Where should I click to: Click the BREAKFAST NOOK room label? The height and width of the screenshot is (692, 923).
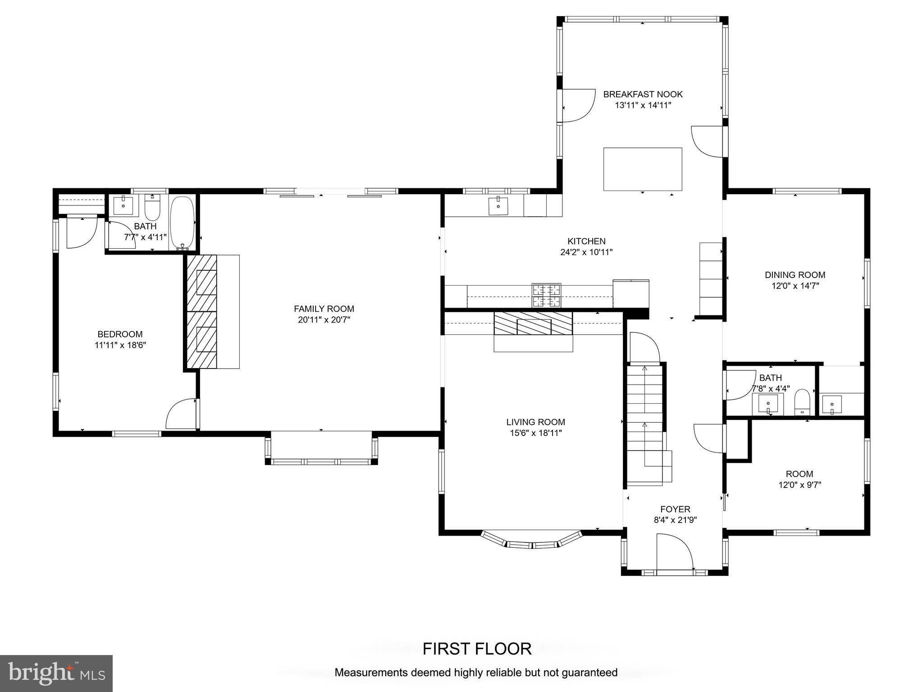(x=643, y=94)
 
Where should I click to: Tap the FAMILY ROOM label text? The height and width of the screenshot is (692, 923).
(x=324, y=309)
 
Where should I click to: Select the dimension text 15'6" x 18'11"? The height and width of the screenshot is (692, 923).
(x=536, y=433)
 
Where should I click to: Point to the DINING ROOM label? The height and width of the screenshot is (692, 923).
(x=795, y=275)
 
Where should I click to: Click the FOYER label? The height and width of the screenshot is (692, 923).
(x=675, y=509)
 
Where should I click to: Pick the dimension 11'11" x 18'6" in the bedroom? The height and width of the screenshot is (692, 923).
(x=120, y=345)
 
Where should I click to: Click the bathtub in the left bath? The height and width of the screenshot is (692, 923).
(x=183, y=223)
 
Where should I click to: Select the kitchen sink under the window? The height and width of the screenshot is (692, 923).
(x=498, y=206)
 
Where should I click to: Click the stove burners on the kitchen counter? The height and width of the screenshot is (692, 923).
(x=547, y=295)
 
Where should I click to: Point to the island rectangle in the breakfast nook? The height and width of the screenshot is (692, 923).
(x=643, y=169)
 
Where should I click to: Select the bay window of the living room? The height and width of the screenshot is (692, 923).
(x=532, y=540)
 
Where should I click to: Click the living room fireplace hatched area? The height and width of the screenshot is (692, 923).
(x=533, y=323)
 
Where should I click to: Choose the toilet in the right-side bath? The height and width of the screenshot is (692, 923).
(x=802, y=402)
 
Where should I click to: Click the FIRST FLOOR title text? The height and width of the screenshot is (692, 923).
(x=477, y=649)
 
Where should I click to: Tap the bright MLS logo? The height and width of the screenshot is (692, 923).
(x=56, y=674)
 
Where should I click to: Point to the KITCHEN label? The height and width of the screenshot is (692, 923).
(x=586, y=241)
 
